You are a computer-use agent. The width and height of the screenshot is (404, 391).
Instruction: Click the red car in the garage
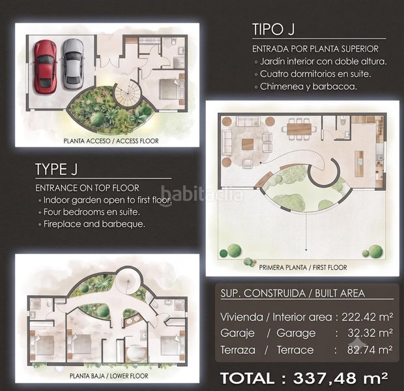pos(45,66)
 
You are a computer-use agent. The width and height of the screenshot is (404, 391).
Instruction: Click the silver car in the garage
pos(73,64)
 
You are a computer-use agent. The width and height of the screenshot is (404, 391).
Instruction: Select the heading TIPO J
pos(273,29)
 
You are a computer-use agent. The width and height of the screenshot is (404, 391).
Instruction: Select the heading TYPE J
pos(56,169)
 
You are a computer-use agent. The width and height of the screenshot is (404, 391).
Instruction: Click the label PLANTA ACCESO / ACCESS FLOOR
pos(111,141)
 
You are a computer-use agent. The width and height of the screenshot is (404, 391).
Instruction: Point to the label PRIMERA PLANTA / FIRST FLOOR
pos(303,268)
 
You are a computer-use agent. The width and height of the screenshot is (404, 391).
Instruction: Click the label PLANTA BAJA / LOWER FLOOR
pos(109,376)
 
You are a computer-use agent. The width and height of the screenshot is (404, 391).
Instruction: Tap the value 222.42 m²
pos(367,317)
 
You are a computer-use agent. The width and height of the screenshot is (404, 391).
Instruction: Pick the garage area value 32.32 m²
pos(370,333)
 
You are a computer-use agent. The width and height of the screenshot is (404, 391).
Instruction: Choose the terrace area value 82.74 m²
pos(369,350)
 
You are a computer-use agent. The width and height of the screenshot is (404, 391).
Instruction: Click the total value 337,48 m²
pos(340,378)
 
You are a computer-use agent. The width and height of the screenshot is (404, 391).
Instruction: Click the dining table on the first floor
pos(299,129)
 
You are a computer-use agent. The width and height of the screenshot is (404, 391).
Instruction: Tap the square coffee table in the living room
pos(248,144)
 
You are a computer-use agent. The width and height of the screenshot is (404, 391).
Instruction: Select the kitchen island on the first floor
pos(359,164)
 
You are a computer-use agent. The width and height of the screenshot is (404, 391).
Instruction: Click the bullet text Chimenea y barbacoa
pos(308,87)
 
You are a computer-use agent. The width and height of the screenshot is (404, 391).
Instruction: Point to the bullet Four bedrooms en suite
pos(92,212)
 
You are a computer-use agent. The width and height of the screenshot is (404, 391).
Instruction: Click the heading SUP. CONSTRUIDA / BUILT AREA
pos(293,293)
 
